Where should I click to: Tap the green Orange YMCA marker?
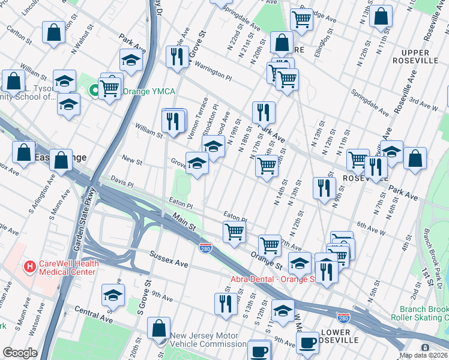click(94, 91)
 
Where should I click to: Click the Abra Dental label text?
click(273, 279)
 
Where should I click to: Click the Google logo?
click(20, 353)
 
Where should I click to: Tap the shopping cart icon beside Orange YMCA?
click(110, 88)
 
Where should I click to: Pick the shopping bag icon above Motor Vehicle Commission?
click(159, 328)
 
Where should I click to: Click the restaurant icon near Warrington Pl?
click(176, 56)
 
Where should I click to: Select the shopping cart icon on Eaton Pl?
click(234, 231)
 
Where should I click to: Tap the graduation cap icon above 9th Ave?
click(113, 295)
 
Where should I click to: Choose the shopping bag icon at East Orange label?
click(61, 160)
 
